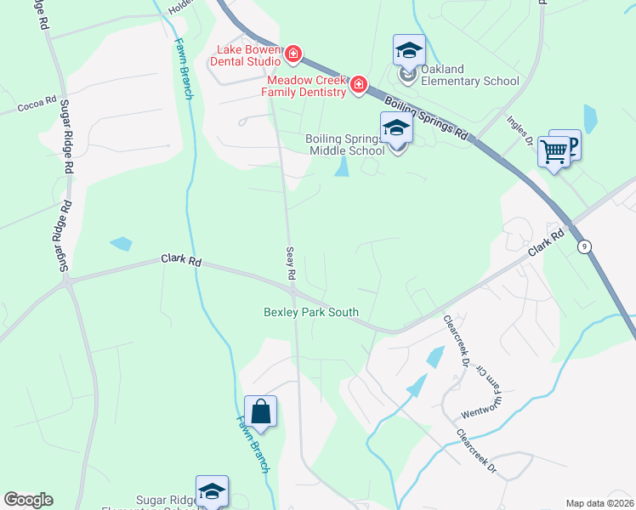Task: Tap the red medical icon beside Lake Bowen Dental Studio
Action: point(292,55)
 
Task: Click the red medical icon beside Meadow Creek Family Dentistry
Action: point(358,84)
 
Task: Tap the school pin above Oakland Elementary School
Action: point(409,51)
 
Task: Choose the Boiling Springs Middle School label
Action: point(344,144)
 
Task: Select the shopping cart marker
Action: point(554,152)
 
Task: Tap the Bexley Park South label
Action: point(311,312)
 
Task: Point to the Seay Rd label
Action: point(290,263)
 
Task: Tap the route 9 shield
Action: point(583,246)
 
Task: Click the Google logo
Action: point(28,500)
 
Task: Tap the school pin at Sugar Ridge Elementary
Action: point(212,492)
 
